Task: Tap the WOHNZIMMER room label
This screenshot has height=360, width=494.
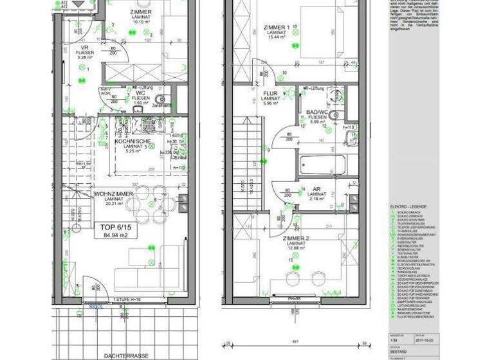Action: [x=113, y=194]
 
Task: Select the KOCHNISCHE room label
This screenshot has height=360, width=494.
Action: [x=133, y=141]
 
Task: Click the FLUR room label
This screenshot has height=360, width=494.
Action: [x=270, y=93]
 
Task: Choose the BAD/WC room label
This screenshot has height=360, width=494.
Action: [x=317, y=112]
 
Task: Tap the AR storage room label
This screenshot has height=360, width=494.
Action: [x=316, y=189]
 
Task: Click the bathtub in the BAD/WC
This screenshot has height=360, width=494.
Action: [x=322, y=165]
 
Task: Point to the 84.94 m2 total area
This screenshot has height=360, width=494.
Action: [x=106, y=235]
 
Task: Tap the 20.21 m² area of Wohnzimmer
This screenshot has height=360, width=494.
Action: [x=113, y=204]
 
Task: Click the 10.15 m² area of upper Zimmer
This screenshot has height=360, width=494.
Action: [x=140, y=21]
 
